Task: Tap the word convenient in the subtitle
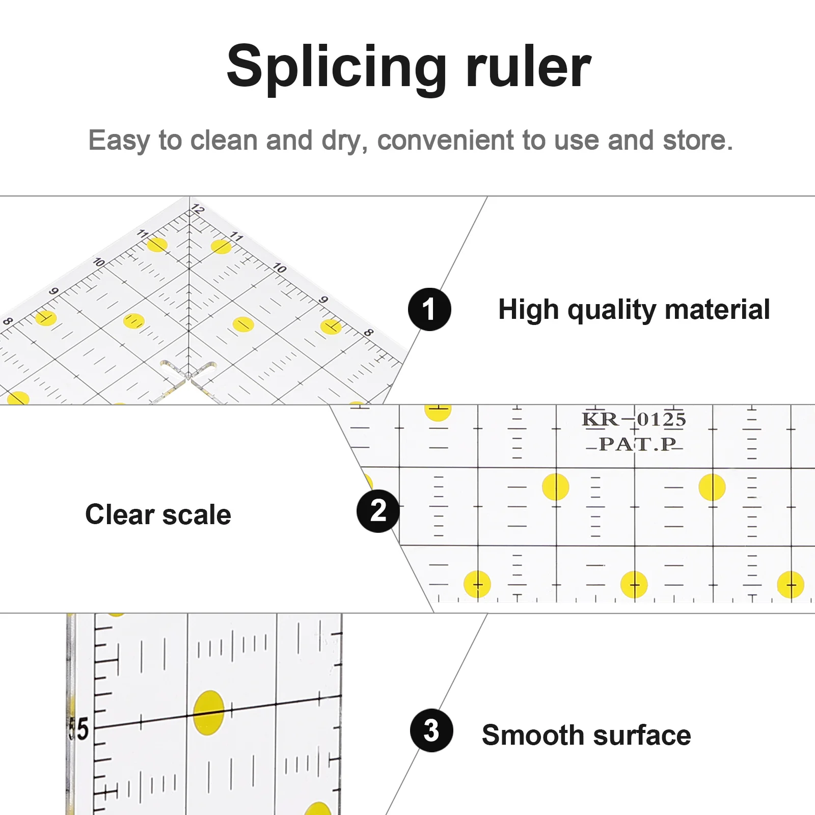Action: click(445, 140)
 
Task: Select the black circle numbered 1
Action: click(429, 309)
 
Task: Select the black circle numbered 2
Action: click(378, 511)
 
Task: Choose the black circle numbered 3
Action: click(431, 730)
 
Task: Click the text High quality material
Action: click(634, 310)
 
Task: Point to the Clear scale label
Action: click(158, 514)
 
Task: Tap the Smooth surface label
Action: click(586, 735)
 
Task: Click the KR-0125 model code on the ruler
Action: click(634, 419)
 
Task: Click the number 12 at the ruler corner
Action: click(198, 209)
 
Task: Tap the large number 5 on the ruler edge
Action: click(79, 728)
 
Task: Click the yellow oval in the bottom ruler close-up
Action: click(209, 712)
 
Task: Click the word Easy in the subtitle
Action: click(119, 140)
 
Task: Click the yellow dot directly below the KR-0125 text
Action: click(555, 487)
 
